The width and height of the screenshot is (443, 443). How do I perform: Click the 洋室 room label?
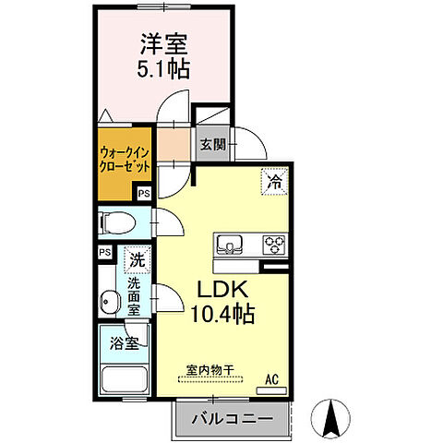[x=164, y=43]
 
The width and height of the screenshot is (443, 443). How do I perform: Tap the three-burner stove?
[x=274, y=245]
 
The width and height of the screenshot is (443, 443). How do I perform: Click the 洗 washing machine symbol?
[x=136, y=260]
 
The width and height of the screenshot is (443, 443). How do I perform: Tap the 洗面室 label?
[x=135, y=297]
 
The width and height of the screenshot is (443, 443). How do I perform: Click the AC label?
[x=272, y=378]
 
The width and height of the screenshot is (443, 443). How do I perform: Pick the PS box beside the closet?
[x=143, y=194]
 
